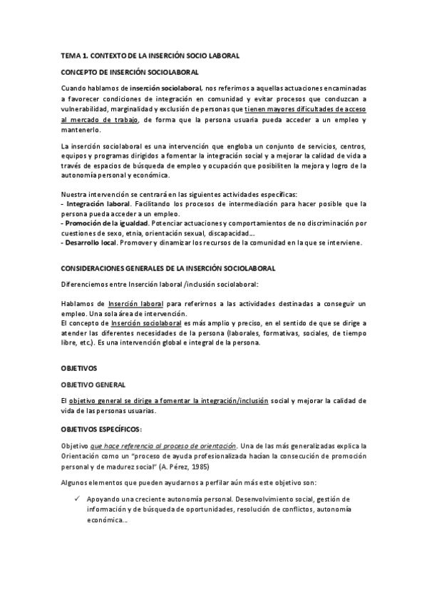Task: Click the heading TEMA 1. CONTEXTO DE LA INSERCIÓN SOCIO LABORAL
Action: pos(149,55)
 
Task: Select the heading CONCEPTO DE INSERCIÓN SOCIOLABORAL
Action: pos(129,72)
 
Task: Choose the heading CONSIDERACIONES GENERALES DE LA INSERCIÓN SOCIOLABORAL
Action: pos(168,268)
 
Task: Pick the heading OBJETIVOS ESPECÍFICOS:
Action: pos(101,428)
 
